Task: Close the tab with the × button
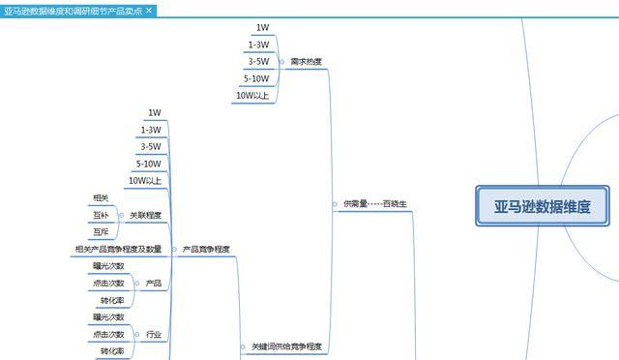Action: click(149, 10)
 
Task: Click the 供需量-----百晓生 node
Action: click(374, 204)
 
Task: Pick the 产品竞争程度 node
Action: click(206, 250)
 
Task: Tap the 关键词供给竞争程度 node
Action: click(286, 346)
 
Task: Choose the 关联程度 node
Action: click(145, 215)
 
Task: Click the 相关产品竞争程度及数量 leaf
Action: click(118, 250)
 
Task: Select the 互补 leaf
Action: click(102, 215)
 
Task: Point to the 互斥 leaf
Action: click(102, 232)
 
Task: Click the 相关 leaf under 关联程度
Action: click(102, 198)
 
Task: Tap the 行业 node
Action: click(153, 334)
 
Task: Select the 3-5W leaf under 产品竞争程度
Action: click(150, 147)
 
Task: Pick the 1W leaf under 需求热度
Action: click(263, 28)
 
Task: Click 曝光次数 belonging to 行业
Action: click(108, 317)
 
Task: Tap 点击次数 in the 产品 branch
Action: click(108, 284)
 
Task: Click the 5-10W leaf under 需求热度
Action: click(256, 78)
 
